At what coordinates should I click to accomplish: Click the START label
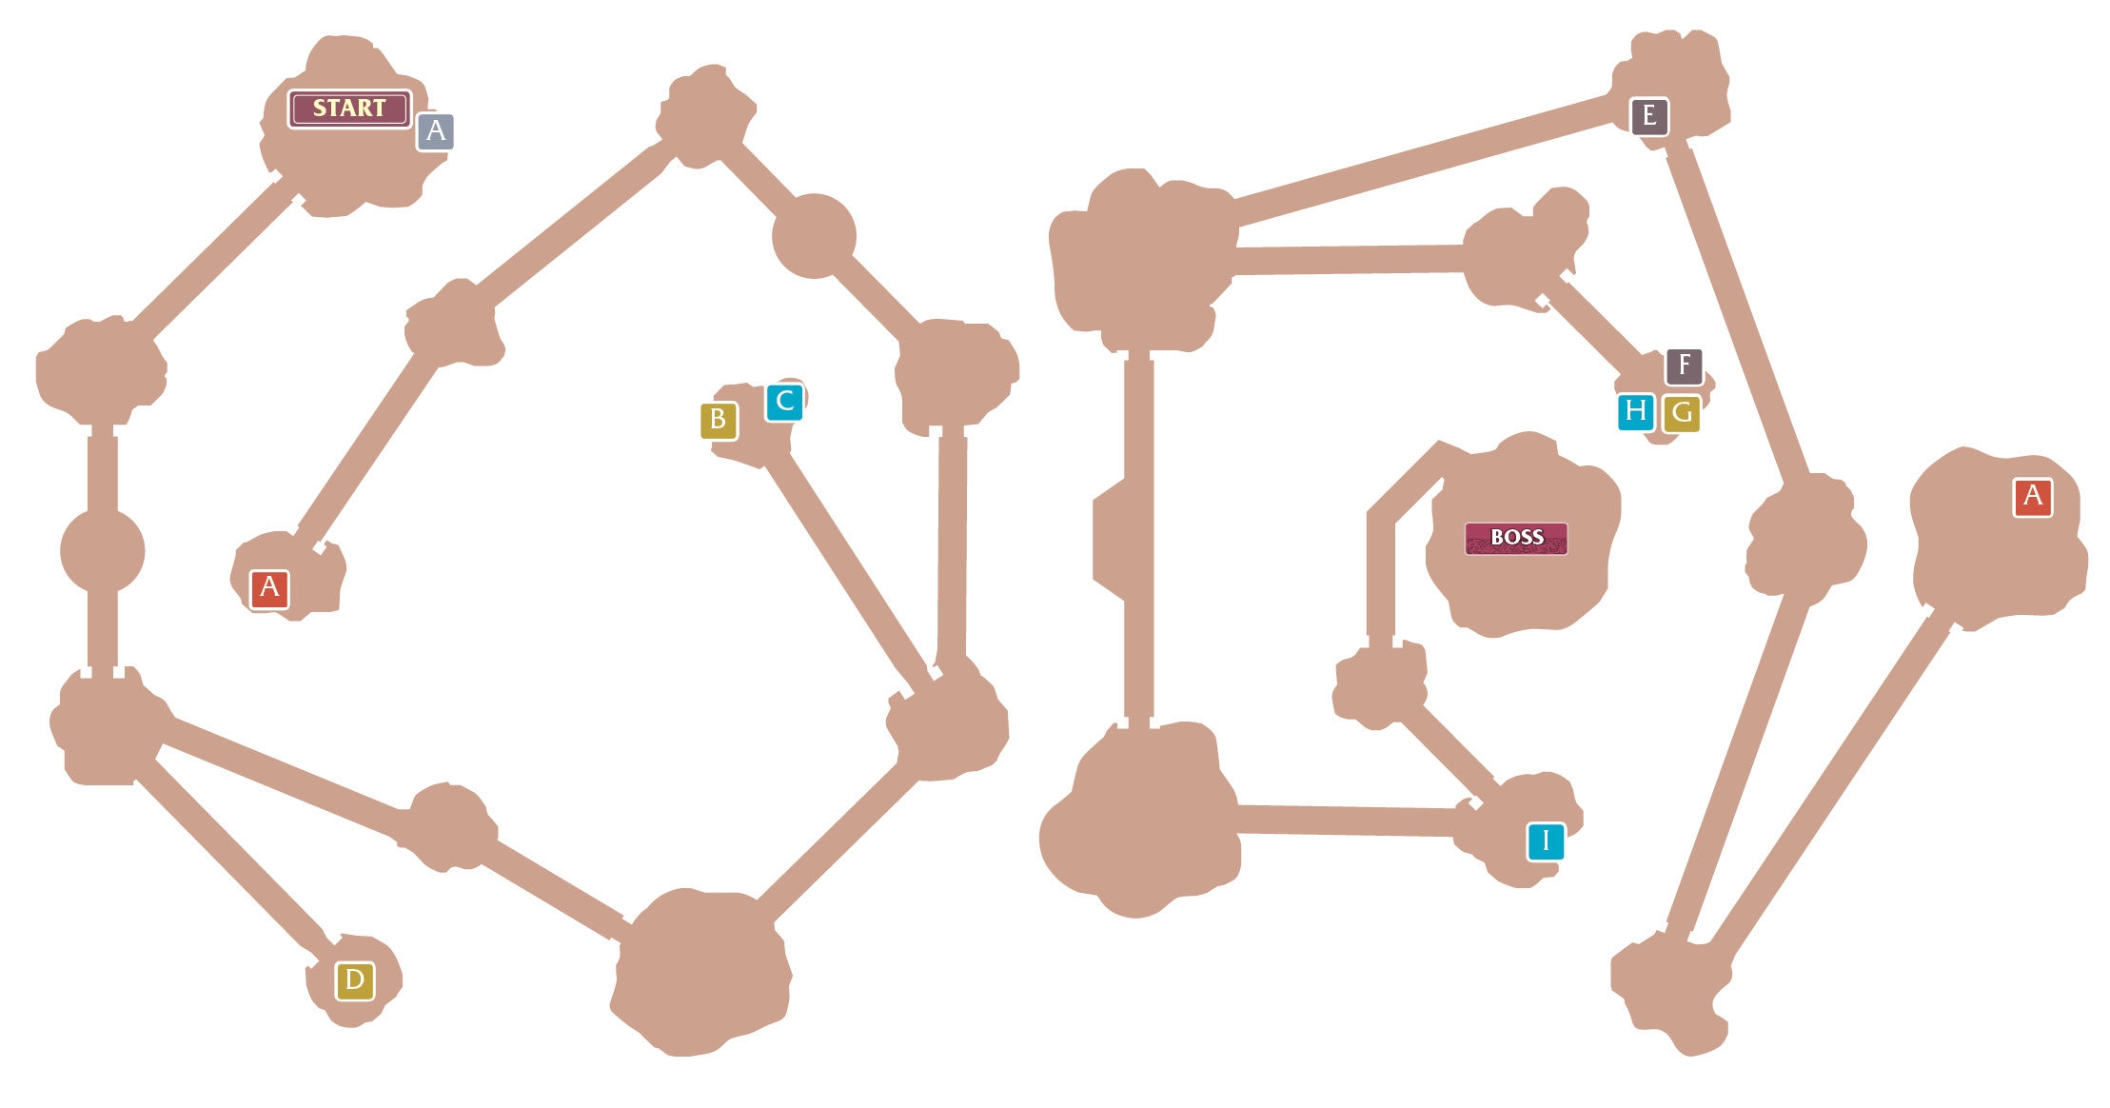coord(349,109)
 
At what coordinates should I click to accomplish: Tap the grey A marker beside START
coord(435,131)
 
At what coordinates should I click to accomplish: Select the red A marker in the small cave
coord(269,588)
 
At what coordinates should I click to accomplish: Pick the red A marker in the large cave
coord(2032,497)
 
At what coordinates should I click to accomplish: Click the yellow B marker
coord(719,420)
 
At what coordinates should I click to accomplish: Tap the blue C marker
coord(784,402)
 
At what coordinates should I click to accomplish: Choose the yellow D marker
coord(354,980)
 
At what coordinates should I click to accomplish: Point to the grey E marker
coord(1648,116)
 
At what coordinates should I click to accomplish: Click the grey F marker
coord(1684,366)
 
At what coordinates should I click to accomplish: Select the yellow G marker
coord(1682,413)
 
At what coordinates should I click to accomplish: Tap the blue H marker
coord(1636,411)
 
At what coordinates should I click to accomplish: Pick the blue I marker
coord(1546,841)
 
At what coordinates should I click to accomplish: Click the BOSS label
coord(1516,538)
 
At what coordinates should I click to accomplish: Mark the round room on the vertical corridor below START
coord(103,550)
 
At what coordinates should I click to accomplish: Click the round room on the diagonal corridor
coord(814,236)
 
